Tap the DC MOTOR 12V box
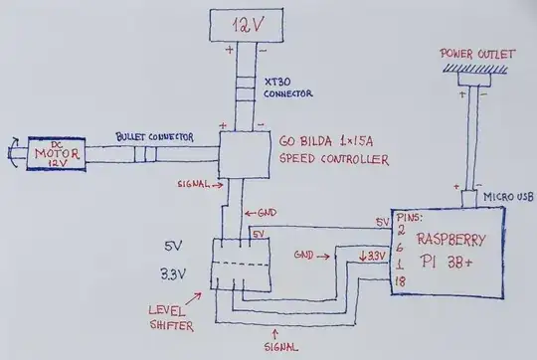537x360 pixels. (56, 155)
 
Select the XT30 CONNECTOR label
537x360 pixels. (289, 89)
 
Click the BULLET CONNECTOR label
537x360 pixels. (151, 135)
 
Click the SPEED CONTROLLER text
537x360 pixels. (320, 159)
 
